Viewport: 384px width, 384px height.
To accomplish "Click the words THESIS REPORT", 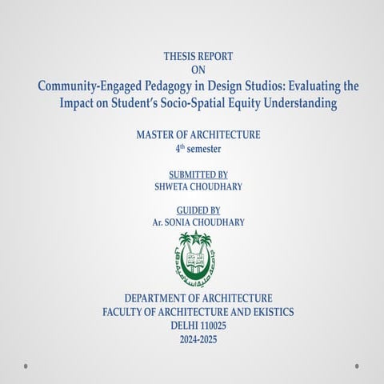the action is (198, 56).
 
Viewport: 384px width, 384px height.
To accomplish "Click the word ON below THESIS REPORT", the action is (198, 70).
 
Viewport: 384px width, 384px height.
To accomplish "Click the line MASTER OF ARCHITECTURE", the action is (198, 135).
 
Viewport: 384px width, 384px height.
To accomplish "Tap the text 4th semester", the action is (198, 149).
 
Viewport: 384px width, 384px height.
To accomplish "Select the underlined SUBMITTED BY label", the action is (198, 174).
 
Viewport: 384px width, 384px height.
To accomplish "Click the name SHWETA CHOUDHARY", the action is (198, 186).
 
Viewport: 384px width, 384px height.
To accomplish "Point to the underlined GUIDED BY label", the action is (198, 210).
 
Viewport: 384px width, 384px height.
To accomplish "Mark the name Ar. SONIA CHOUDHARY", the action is (198, 222).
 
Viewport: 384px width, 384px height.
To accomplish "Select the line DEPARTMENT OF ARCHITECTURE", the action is (198, 298).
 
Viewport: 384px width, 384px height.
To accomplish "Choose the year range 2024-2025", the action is (198, 339).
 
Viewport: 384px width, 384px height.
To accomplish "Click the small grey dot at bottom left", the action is (26, 366).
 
